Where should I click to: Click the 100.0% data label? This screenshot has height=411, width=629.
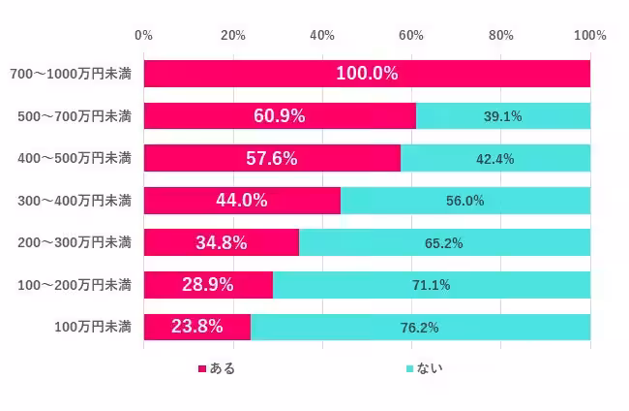tap(367, 74)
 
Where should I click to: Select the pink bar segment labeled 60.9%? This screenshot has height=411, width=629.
tap(280, 115)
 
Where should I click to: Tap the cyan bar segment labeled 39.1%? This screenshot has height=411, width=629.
tap(503, 115)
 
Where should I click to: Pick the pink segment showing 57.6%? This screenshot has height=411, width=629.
tap(272, 158)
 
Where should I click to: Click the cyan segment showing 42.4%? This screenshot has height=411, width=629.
tap(495, 158)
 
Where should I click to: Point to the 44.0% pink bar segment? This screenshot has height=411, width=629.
tap(242, 201)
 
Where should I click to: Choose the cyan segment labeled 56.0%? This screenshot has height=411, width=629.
tap(465, 201)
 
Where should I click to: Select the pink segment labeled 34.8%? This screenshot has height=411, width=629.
tap(221, 242)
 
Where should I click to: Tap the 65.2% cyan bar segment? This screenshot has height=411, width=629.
tap(444, 242)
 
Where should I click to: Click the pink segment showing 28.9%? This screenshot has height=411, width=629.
tap(208, 285)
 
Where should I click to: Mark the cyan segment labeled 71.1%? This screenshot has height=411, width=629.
tap(432, 285)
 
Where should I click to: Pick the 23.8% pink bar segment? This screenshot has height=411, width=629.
tap(196, 328)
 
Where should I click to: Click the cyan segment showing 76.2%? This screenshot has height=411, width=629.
tap(420, 328)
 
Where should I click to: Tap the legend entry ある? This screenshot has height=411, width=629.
tap(217, 368)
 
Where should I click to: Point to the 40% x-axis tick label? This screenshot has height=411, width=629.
tap(322, 36)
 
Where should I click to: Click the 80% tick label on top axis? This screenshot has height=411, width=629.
tap(500, 36)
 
